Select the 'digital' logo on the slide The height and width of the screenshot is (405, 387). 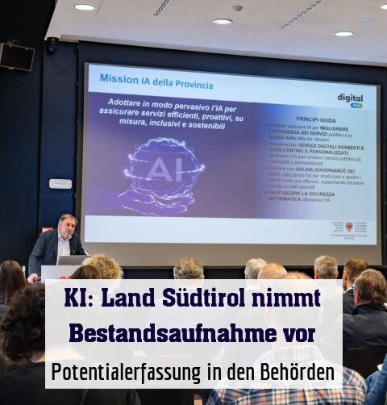click(349, 98)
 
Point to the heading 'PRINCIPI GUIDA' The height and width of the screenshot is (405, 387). click(322, 119)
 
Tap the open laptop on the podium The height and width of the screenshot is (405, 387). click(72, 261)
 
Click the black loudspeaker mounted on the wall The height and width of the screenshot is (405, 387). click(17, 56)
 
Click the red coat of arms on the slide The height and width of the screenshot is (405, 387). click(348, 228)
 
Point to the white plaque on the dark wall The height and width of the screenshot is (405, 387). click(60, 183)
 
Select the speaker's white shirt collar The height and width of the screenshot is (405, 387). click(64, 240)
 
